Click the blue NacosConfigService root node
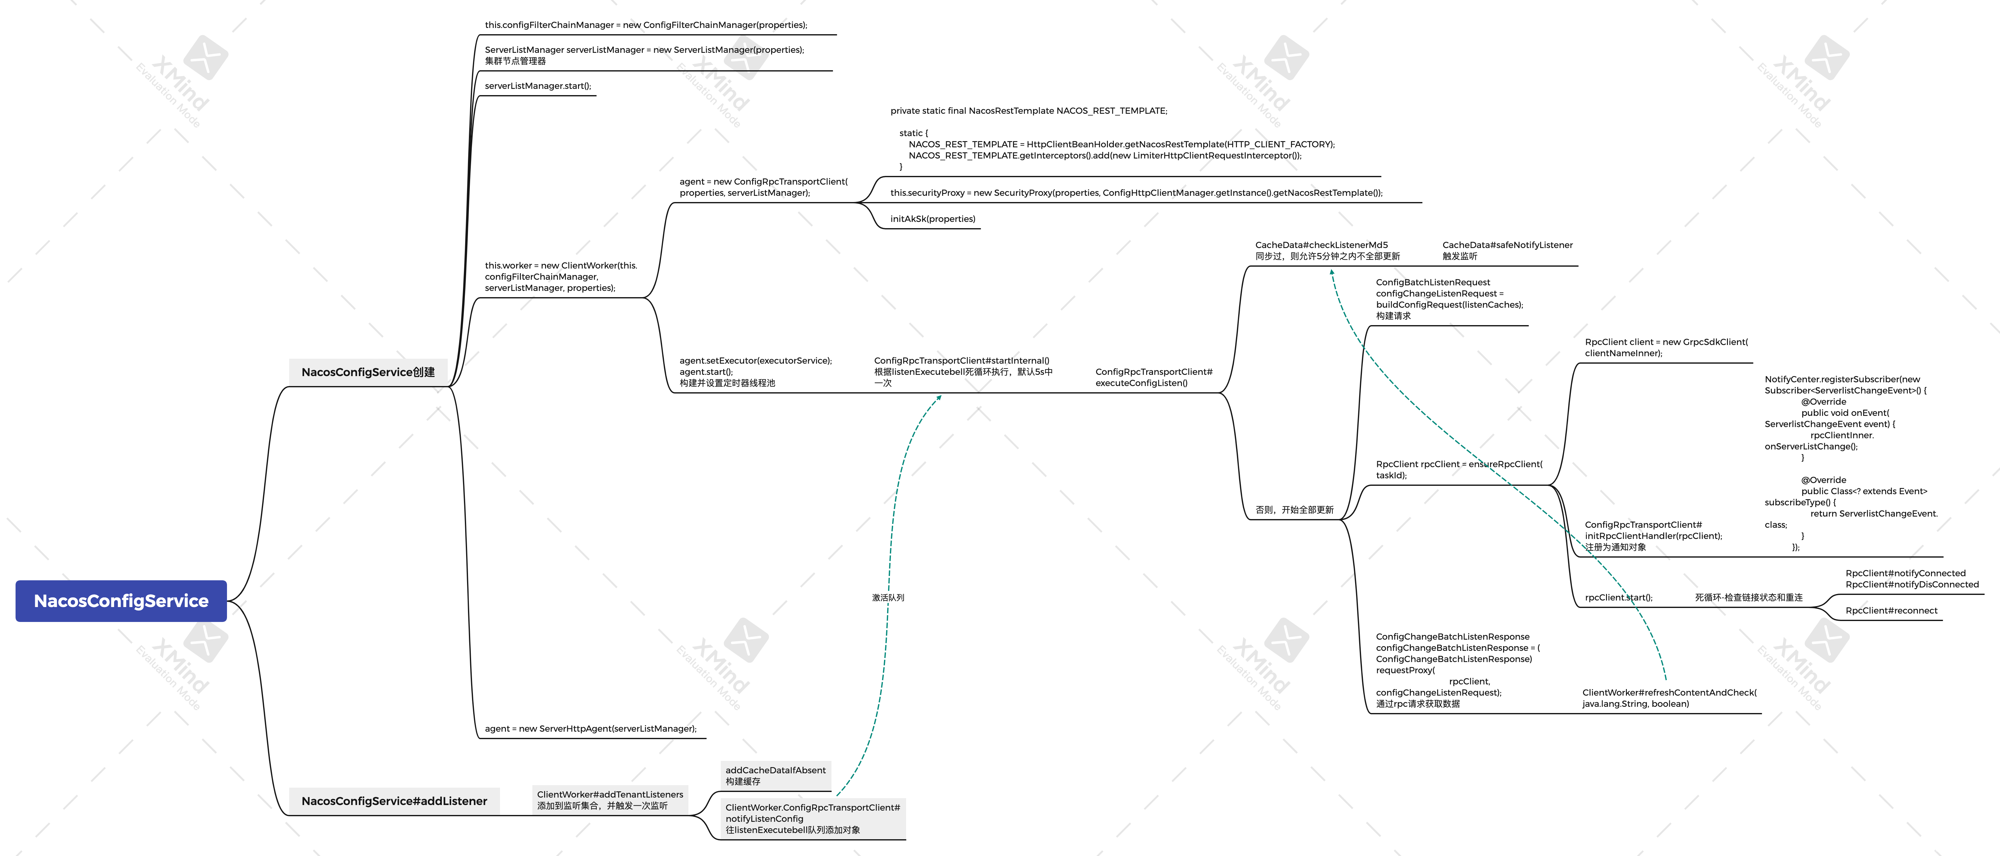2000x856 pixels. [121, 601]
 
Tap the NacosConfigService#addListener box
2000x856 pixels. [394, 801]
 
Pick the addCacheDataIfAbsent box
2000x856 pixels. [775, 775]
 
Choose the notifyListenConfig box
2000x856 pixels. [812, 819]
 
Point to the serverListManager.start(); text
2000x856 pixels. [537, 86]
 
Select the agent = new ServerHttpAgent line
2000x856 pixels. [590, 729]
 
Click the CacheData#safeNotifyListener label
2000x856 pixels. [1507, 250]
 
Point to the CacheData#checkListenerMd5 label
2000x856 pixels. [1327, 250]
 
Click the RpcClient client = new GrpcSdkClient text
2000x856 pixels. [1666, 348]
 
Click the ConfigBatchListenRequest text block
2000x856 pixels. [1449, 299]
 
